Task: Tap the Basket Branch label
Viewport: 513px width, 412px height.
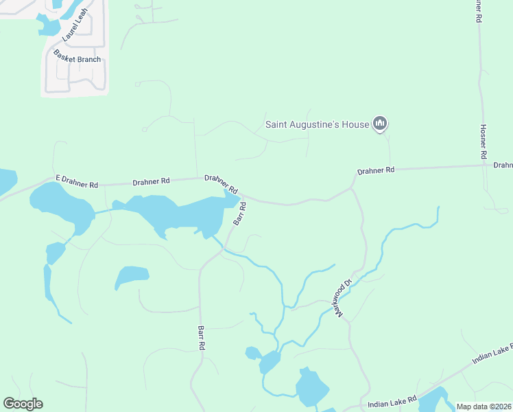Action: point(78,60)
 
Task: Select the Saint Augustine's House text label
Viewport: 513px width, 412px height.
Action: point(318,125)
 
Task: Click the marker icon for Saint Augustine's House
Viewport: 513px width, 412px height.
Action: point(381,124)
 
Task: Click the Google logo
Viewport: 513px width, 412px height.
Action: point(23,404)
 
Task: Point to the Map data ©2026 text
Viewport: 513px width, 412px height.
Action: point(483,407)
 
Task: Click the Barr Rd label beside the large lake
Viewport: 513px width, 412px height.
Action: point(239,213)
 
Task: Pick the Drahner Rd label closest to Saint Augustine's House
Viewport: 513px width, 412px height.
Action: point(376,170)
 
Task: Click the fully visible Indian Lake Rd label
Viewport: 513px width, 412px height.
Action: point(392,400)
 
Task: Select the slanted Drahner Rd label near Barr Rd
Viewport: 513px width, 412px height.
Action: point(221,184)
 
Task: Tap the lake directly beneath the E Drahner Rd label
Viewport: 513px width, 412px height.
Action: point(62,206)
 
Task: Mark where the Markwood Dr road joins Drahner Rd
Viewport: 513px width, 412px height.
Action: point(353,186)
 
